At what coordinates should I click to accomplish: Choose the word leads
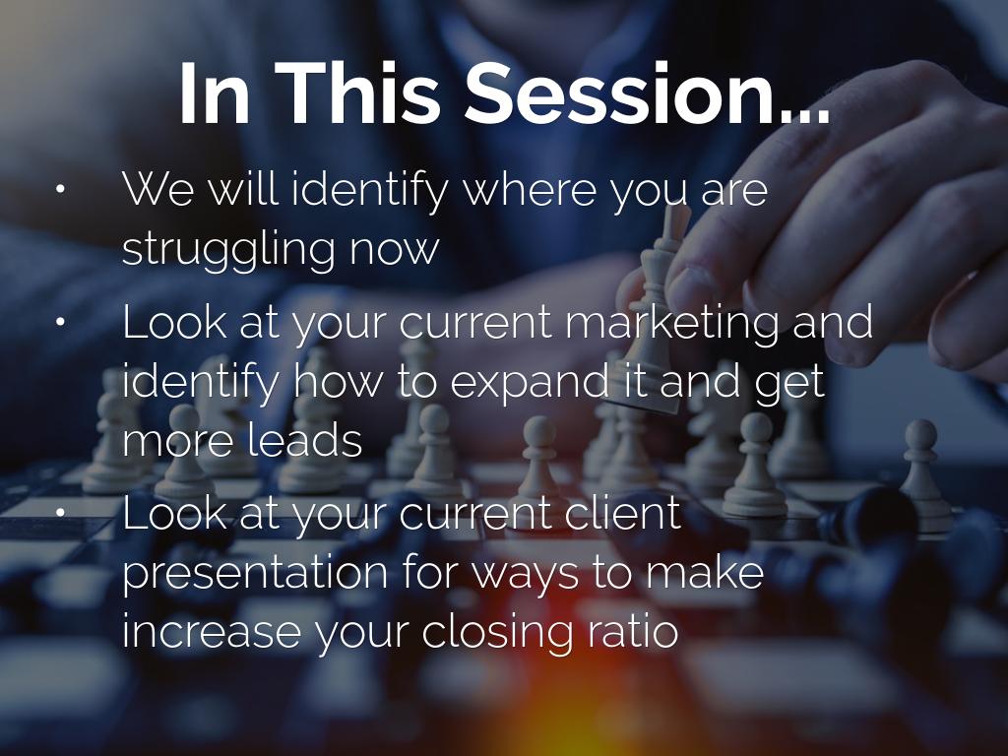pyautogui.click(x=305, y=440)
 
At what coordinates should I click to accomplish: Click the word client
pyautogui.click(x=624, y=513)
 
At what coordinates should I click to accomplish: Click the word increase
pyautogui.click(x=212, y=631)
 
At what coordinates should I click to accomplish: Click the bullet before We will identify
pyautogui.click(x=60, y=189)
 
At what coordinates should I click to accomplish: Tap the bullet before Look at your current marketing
pyautogui.click(x=60, y=323)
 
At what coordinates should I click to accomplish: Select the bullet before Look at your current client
pyautogui.click(x=60, y=512)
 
